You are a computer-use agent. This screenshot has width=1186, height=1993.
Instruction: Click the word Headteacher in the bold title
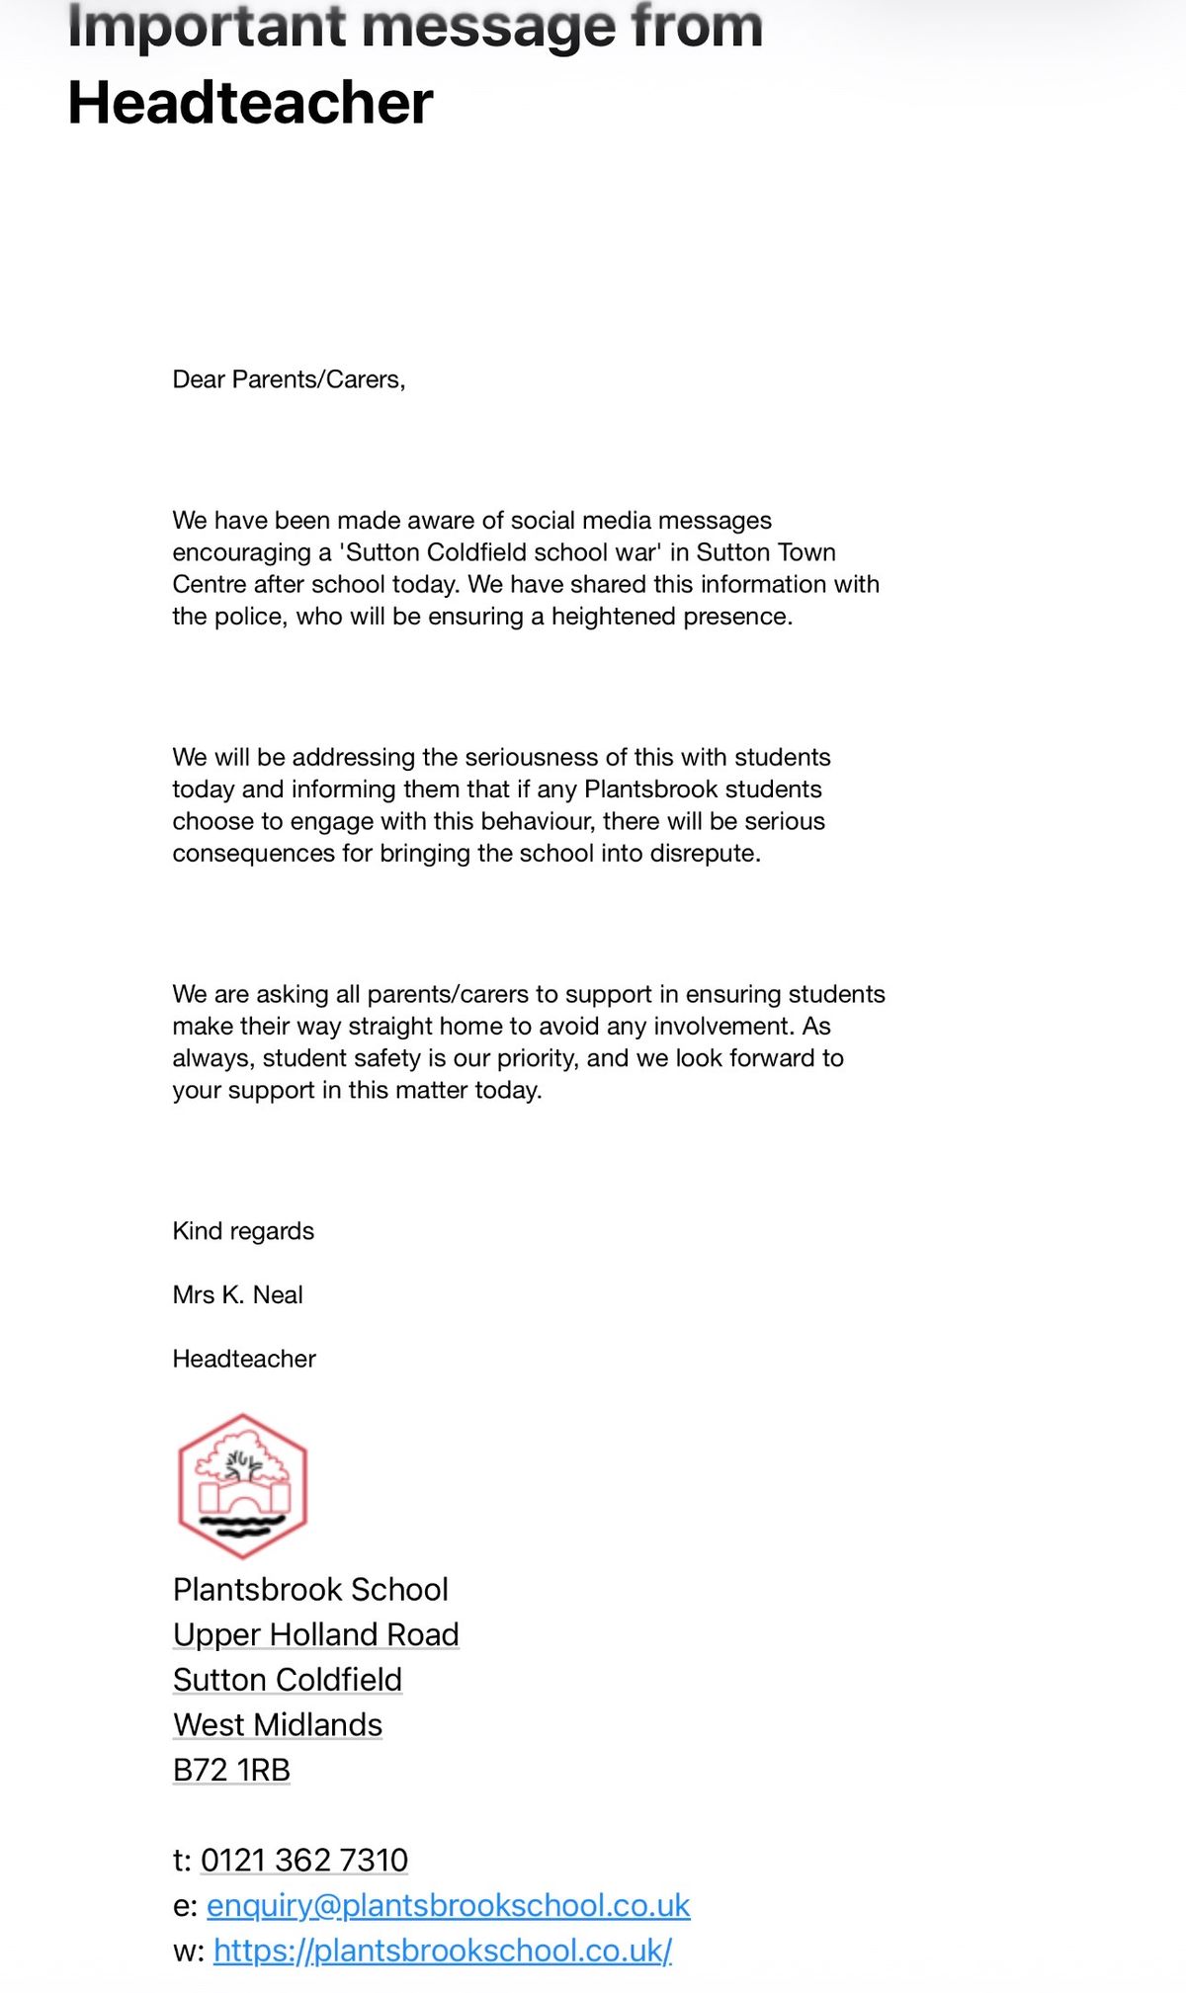[x=250, y=104]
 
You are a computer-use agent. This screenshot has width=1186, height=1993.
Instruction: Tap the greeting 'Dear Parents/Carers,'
[x=289, y=379]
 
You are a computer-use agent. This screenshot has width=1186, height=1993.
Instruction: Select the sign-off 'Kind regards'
[x=243, y=1231]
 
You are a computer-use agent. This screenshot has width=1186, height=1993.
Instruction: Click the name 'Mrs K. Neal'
[x=237, y=1294]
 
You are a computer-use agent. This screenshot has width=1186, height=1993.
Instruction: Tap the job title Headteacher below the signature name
[x=244, y=1359]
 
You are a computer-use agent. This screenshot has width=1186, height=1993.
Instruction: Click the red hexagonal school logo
[x=242, y=1486]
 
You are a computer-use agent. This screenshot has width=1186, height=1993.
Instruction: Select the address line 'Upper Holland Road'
[x=315, y=1634]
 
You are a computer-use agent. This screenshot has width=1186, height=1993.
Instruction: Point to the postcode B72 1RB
[x=231, y=1770]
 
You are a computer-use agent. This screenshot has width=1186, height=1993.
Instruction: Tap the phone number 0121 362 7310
[x=304, y=1860]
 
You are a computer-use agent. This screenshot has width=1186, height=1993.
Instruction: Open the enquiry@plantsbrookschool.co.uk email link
[x=448, y=1905]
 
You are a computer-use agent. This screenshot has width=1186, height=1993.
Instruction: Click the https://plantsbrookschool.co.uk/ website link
[x=443, y=1951]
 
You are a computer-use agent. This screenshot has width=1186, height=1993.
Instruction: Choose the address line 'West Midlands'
[x=278, y=1724]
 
